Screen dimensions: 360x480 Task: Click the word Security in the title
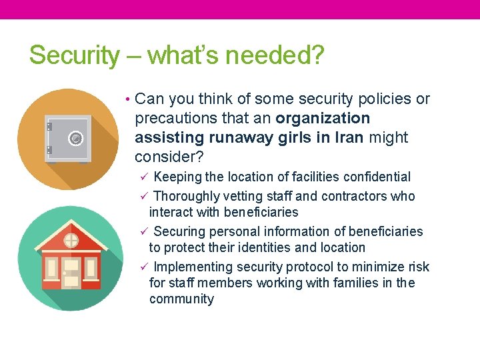point(74,55)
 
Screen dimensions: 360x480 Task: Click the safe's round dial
point(76,138)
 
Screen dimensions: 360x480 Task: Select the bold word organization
point(323,119)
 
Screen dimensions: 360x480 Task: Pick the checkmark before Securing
point(143,231)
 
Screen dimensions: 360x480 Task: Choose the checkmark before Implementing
point(143,267)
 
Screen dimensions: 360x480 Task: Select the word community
point(181,299)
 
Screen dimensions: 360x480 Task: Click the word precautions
point(175,119)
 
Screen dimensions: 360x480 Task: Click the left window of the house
point(51,267)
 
